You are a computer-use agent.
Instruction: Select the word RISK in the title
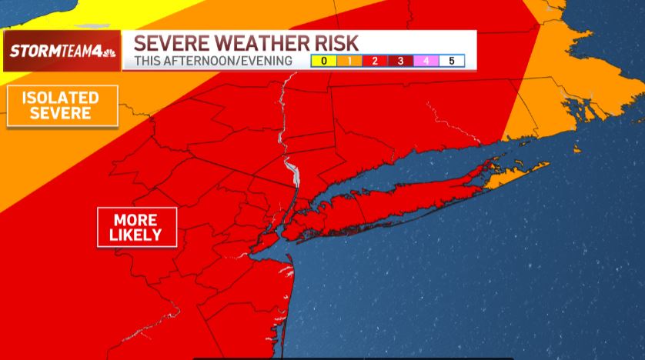[336, 43]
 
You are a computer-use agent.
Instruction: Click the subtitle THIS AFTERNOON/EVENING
[213, 61]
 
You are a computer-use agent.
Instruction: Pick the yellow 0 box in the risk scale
[323, 61]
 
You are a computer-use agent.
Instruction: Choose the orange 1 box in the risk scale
[349, 61]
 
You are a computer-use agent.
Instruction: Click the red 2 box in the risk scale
[374, 61]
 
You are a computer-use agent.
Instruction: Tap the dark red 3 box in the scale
[400, 61]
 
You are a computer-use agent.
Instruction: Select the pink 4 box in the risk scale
[426, 61]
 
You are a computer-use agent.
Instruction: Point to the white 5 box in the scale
[452, 61]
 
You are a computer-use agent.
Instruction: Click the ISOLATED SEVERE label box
[62, 105]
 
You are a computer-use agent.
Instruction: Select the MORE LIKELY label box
[136, 227]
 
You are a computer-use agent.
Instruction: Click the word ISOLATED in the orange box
[62, 98]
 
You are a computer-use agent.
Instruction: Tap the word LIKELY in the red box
[136, 235]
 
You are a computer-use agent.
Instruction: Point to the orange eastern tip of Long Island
[516, 175]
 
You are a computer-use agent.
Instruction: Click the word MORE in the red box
[136, 219]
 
